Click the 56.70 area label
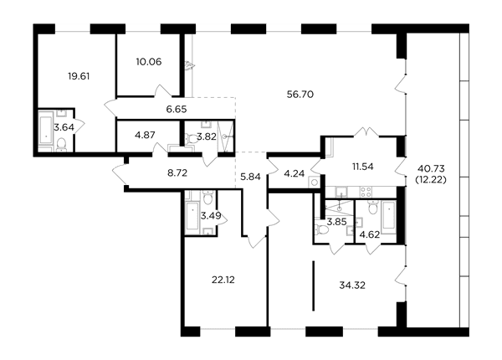pos(300,95)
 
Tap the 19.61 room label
pos(79,76)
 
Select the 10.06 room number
pos(149,61)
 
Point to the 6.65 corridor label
pos(177,109)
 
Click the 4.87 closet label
pos(145,135)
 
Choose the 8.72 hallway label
pos(177,173)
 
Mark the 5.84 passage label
pos(250,177)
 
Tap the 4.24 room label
pos(295,173)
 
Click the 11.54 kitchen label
pos(363,167)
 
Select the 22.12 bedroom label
pos(223,280)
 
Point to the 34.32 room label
pos(352,285)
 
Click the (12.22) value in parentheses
pos(431,180)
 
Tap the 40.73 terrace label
pos(431,168)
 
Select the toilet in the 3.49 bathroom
pos(208,197)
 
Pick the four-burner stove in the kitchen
pos(366,192)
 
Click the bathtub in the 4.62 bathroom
pos(389,215)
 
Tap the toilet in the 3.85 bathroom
pos(322,229)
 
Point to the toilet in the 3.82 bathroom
pos(192,139)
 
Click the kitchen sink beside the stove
pos(341,193)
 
